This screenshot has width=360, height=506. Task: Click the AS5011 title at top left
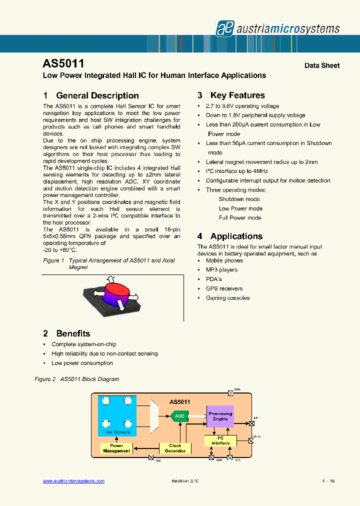(63, 64)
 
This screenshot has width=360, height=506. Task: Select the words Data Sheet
(322, 65)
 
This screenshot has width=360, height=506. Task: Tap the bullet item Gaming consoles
(227, 298)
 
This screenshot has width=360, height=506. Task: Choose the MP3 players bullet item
(221, 270)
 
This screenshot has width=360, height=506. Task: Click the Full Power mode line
(240, 218)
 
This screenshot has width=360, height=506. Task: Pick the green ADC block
(179, 416)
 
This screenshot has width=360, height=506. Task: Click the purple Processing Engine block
(220, 416)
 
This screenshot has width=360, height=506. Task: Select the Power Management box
(116, 448)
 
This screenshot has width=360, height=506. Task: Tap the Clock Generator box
(175, 448)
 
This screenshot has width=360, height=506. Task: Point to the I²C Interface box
(220, 440)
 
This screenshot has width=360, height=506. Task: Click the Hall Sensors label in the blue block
(117, 432)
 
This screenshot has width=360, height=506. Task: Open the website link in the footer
(73, 481)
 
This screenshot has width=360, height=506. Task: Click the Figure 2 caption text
(77, 379)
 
